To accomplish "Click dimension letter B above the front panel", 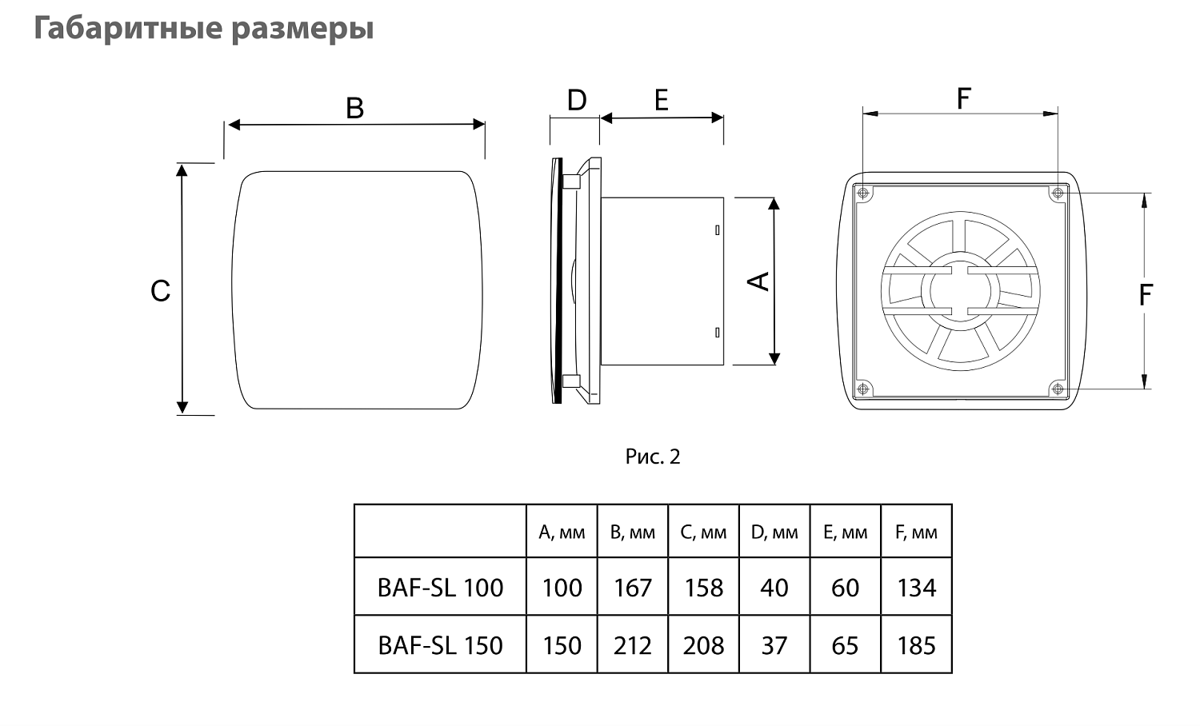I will [354, 108].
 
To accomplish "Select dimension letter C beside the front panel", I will [160, 291].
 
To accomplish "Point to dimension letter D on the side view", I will [577, 101].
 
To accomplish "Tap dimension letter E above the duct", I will [661, 101].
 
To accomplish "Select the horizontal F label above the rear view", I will [963, 99].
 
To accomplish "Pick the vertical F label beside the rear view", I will [1146, 295].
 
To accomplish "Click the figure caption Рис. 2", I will [652, 457].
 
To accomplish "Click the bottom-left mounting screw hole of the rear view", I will [862, 389].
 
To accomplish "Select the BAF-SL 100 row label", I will [440, 588].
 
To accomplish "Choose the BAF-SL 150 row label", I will [440, 645].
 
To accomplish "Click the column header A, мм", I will [562, 533].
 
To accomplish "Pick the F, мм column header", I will [916, 533].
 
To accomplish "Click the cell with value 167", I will [633, 588].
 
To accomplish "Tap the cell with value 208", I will [703, 645].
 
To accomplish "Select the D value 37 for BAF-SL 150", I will [774, 645].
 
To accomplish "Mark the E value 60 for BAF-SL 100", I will [845, 588].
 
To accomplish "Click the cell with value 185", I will [916, 645].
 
